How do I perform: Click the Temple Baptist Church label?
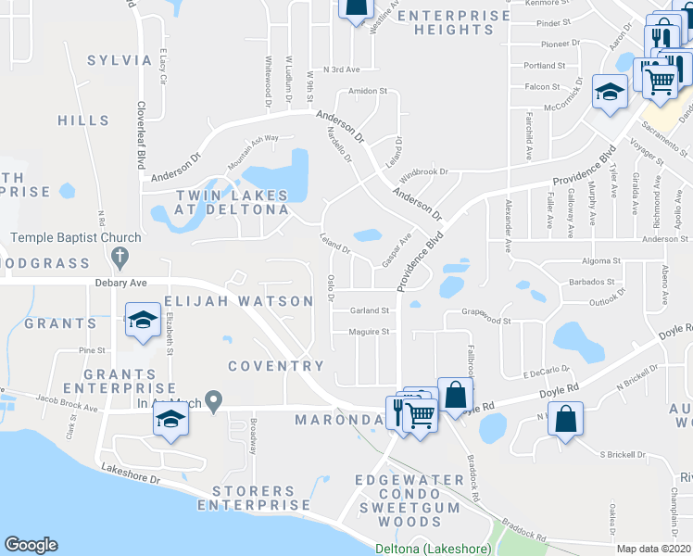coord(76,238)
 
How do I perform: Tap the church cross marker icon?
coord(118,255)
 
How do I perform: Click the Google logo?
coord(31,545)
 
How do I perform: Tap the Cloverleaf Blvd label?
coord(143,134)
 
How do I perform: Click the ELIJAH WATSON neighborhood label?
coord(239,301)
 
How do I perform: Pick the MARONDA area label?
coord(339,420)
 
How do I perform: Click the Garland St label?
coord(368,311)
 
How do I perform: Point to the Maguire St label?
coord(368,331)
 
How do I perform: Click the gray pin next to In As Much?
coord(215,401)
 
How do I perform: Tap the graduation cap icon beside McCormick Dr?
coord(610,92)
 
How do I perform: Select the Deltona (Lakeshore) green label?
coord(433,549)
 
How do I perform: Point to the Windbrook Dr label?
coord(424,172)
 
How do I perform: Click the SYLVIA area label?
coord(120,60)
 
